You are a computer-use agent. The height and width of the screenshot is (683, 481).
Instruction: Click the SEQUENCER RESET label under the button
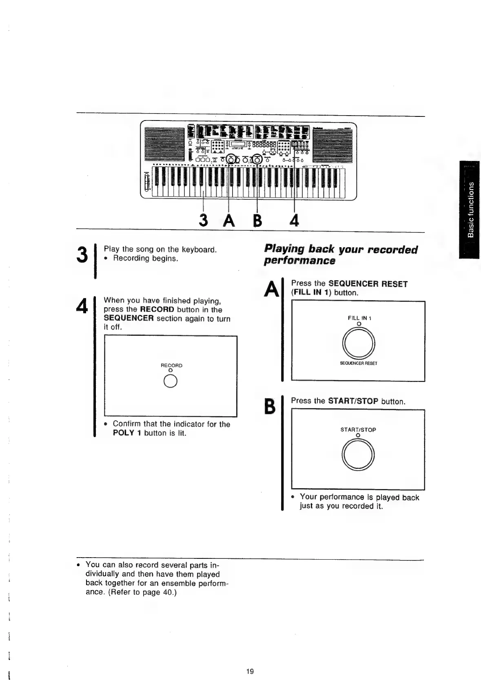point(358,363)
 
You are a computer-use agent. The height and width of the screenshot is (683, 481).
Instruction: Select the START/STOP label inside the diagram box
point(358,430)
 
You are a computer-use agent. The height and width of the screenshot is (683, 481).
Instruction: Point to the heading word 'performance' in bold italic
point(299,261)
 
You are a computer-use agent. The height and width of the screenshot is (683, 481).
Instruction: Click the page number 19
point(250,672)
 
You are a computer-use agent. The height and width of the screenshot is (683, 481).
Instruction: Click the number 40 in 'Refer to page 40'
point(167,592)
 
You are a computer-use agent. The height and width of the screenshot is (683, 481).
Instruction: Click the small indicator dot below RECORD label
point(171,370)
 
